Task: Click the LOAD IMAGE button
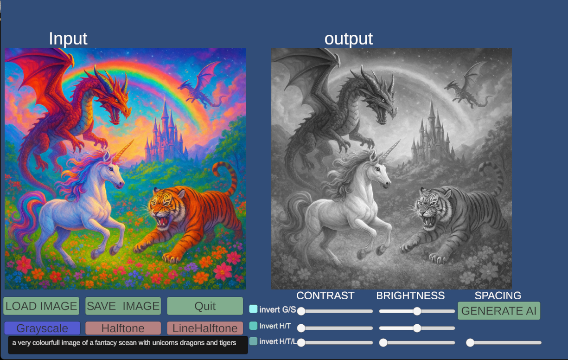click(41, 306)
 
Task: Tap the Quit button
click(205, 306)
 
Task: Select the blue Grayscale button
click(42, 328)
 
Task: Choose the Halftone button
click(123, 328)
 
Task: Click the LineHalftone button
click(205, 328)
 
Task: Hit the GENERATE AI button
click(499, 311)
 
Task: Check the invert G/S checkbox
click(253, 309)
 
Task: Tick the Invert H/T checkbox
click(253, 326)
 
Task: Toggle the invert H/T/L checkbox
click(253, 341)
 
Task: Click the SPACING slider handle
click(470, 342)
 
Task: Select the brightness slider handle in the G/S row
click(417, 311)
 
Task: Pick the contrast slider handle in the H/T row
click(301, 328)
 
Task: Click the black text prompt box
click(128, 345)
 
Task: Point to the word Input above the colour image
click(68, 39)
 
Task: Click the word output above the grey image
click(348, 39)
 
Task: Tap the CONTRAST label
click(325, 296)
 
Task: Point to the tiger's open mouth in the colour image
click(163, 222)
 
